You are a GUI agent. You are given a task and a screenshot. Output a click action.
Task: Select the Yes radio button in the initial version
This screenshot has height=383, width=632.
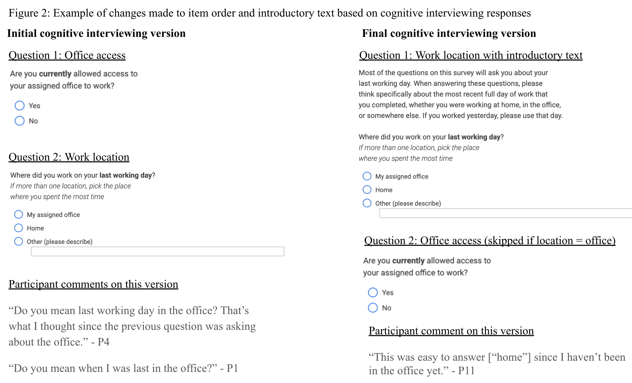[19, 106]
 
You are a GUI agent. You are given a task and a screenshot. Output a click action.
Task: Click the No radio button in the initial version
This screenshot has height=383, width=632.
[19, 121]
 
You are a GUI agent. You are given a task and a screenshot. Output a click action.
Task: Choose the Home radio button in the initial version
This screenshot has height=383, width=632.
[18, 228]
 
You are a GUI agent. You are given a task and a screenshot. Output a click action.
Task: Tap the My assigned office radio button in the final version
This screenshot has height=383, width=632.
[367, 176]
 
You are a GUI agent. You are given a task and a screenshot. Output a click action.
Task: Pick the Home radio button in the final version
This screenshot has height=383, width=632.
[367, 190]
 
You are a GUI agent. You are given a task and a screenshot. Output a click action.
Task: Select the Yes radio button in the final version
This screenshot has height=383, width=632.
[373, 292]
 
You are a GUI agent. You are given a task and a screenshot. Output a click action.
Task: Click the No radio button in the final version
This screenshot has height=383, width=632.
[373, 308]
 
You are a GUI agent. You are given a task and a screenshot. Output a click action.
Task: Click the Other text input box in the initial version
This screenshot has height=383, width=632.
[157, 251]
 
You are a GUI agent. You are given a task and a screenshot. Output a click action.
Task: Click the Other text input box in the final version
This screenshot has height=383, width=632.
[505, 213]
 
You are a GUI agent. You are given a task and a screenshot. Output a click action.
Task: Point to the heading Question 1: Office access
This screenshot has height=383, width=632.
[67, 55]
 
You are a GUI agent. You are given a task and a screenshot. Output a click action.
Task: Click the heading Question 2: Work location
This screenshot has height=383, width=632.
[69, 157]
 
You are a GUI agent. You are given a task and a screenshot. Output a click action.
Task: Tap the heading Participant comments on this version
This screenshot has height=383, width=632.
[93, 284]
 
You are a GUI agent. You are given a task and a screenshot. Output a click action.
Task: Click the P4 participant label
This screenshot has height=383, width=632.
[103, 342]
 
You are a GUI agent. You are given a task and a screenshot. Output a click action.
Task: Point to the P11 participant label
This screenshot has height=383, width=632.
[466, 371]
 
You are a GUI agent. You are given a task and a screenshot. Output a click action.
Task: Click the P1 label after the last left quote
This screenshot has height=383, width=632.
[232, 368]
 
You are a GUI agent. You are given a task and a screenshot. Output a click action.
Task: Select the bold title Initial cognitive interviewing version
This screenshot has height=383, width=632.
[96, 33]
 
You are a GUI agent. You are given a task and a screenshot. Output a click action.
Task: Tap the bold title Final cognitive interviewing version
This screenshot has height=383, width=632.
[449, 33]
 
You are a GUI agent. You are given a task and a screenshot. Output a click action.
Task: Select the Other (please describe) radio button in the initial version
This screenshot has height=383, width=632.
[18, 241]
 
